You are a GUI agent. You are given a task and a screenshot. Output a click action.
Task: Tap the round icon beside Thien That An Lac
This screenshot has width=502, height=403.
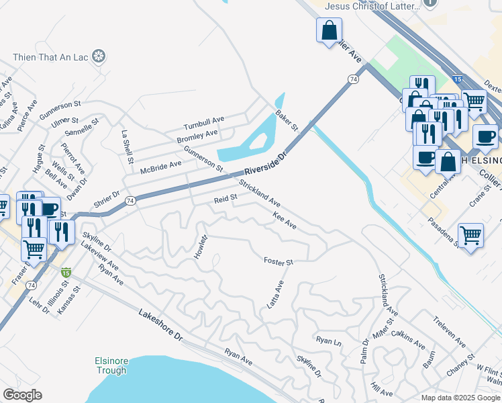coord(99,56)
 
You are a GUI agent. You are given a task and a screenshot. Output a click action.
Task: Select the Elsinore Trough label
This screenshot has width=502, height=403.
coord(110,365)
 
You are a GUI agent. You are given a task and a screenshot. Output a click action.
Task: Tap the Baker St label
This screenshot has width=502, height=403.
coord(287,120)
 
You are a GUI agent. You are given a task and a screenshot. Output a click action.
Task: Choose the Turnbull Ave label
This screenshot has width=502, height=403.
coord(204,124)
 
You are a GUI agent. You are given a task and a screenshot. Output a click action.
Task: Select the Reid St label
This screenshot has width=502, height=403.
coord(226,198)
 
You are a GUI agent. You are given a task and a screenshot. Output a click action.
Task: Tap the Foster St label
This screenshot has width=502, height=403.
coord(279,261)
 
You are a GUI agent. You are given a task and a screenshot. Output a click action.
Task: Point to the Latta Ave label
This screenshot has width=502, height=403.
coord(275,294)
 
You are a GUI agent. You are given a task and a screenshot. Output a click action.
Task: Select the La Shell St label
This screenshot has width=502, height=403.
coord(124,142)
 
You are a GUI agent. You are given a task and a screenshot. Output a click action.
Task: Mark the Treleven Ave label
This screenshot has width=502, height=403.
coord(449,331)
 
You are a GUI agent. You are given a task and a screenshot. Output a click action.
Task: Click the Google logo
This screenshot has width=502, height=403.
coord(22,395)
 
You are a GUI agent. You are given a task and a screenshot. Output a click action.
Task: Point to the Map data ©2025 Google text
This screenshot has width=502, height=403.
coord(460,397)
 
